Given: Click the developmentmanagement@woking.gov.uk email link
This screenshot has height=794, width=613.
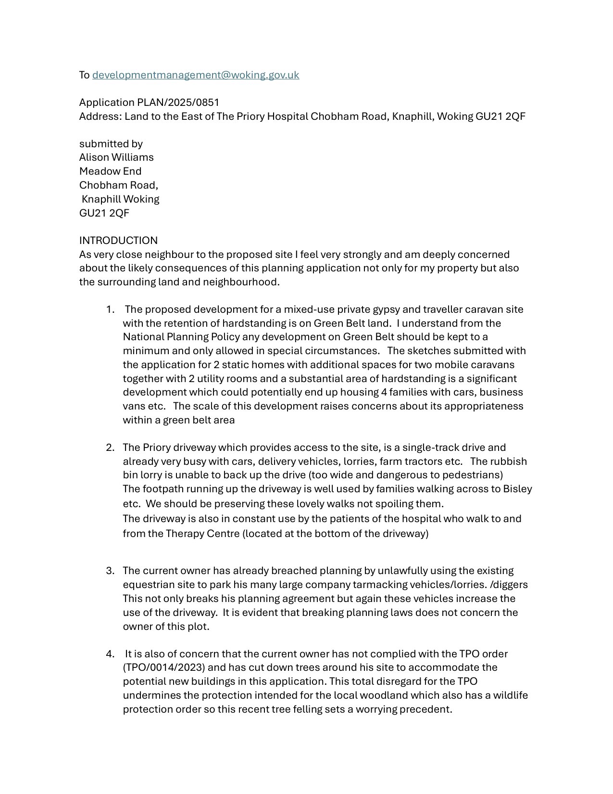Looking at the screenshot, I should (x=195, y=75).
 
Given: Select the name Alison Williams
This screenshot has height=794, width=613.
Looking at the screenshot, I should (x=116, y=157).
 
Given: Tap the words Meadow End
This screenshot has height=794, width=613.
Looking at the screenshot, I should (x=110, y=171).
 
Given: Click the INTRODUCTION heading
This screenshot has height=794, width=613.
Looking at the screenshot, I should (x=118, y=241).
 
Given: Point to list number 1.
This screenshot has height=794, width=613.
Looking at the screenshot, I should (x=110, y=309).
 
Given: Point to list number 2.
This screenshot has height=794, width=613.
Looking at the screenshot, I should (x=110, y=448).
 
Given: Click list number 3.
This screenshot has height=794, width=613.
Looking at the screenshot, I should (x=110, y=571).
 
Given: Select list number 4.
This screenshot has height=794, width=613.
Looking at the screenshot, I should (x=110, y=654).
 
